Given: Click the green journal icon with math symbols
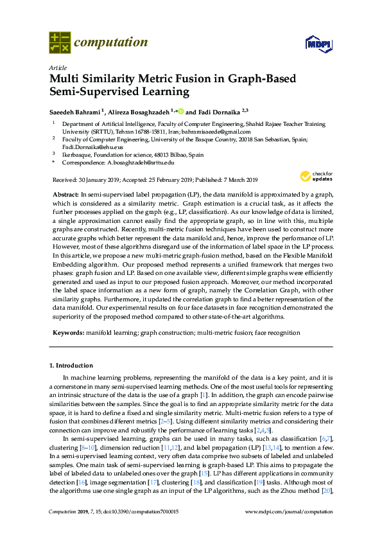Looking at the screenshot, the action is click(60, 43).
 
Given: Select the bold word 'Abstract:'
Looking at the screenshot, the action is click(65, 194).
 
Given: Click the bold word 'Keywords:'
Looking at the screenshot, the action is click(66, 333).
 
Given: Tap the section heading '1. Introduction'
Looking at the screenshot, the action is click(71, 365).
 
